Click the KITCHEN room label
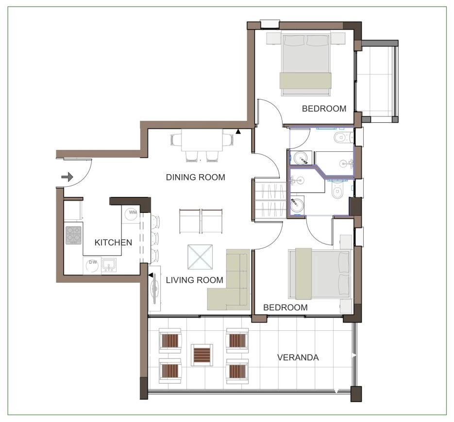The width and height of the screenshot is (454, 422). [113, 243]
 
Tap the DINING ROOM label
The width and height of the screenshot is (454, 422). [196, 178]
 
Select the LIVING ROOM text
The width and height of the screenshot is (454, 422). [195, 280]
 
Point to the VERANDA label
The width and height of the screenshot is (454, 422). [298, 357]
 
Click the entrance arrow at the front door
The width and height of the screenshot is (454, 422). [67, 177]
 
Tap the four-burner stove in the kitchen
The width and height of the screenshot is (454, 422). [73, 235]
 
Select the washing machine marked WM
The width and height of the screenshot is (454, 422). [131, 214]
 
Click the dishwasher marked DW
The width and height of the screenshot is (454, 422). [92, 265]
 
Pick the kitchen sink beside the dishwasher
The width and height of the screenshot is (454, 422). [109, 265]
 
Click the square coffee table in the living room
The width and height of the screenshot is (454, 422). [200, 258]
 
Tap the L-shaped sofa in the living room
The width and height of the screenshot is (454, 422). [229, 280]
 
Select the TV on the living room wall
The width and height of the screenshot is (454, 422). [154, 289]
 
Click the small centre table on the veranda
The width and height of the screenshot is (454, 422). [202, 355]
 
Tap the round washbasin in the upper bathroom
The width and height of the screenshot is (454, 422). [301, 159]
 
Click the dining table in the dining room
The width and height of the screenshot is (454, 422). [202, 140]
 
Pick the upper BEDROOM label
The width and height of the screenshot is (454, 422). [324, 109]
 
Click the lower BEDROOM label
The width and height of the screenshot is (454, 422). [285, 308]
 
